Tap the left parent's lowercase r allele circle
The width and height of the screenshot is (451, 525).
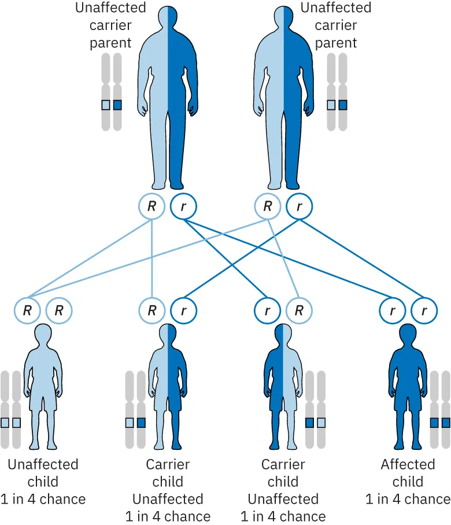click(x=184, y=206)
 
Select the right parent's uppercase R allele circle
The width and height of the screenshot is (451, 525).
click(x=268, y=206)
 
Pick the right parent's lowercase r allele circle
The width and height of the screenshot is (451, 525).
click(x=300, y=206)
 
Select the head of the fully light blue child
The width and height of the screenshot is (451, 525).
click(x=43, y=336)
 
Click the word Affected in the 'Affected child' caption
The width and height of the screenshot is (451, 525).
click(x=408, y=464)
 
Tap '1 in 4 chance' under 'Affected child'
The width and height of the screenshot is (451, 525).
click(x=408, y=498)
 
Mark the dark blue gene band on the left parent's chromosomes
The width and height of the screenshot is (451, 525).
click(x=118, y=105)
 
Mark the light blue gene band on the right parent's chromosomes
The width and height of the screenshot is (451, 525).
click(x=331, y=105)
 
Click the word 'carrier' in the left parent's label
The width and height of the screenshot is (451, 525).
click(x=111, y=25)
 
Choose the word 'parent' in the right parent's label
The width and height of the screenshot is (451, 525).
click(x=336, y=43)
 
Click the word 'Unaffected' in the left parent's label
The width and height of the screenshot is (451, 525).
click(x=111, y=9)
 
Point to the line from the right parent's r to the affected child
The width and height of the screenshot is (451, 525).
click(x=370, y=258)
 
